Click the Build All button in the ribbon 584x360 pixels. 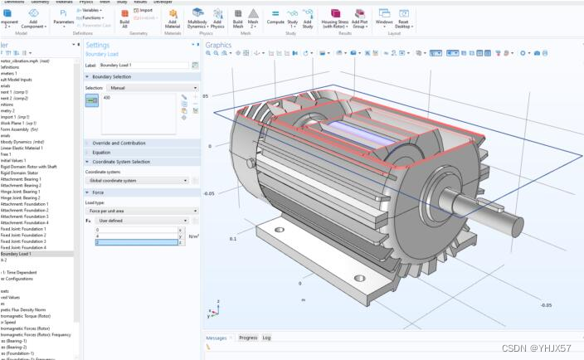point(124,17)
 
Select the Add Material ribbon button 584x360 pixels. point(173,17)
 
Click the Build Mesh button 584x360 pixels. point(238,17)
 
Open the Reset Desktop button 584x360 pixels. point(404,17)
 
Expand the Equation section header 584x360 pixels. point(101,153)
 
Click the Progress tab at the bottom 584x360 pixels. point(247,338)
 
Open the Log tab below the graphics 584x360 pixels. point(266,338)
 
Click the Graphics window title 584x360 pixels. point(219,45)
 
